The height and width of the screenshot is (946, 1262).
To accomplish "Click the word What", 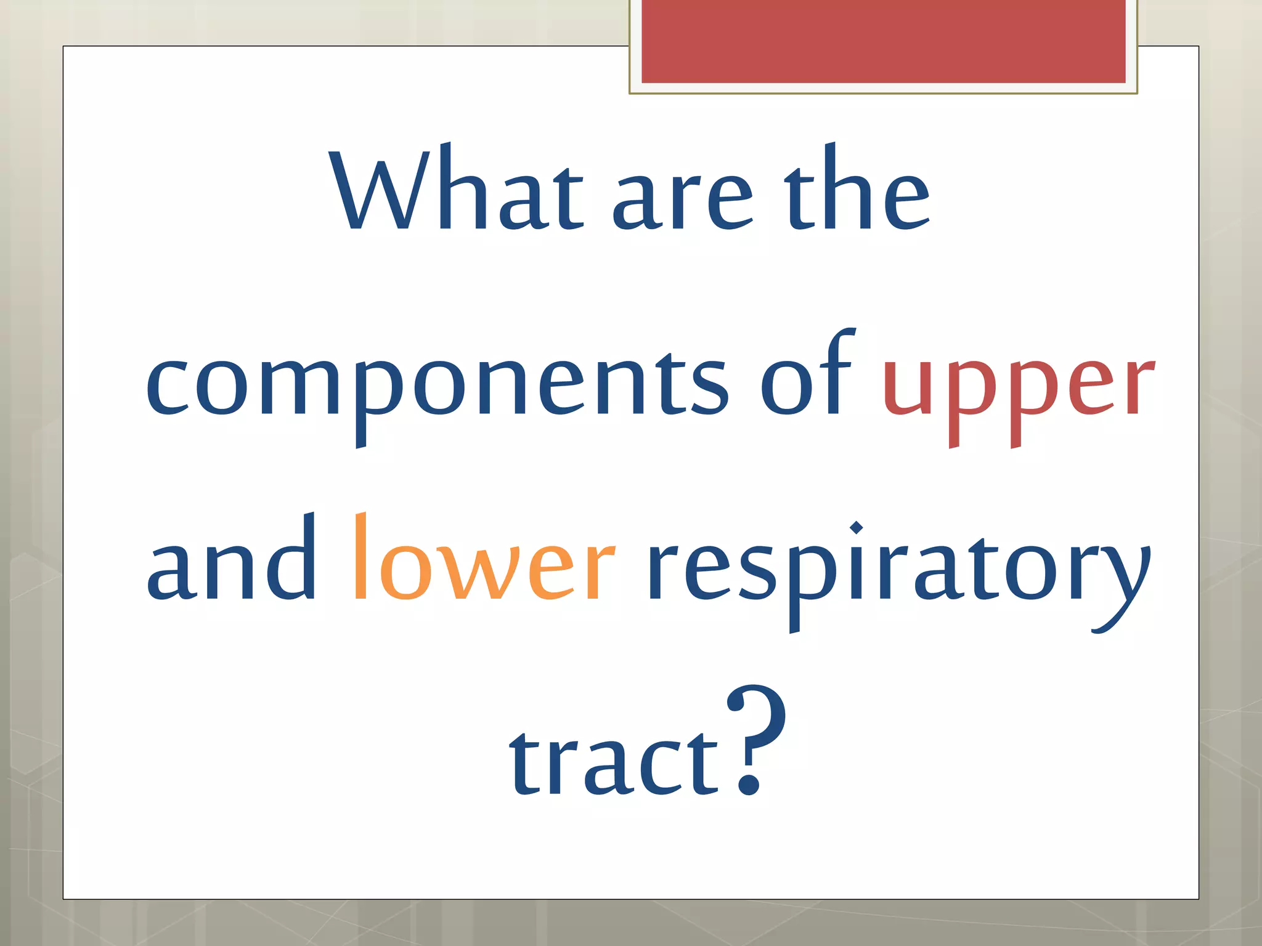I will click(456, 191).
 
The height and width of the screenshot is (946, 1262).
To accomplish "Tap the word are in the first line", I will click(682, 200).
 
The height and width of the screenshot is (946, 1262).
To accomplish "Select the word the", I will click(857, 191).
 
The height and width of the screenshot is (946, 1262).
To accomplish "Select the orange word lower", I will click(484, 564).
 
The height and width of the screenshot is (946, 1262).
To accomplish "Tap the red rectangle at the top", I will click(883, 42).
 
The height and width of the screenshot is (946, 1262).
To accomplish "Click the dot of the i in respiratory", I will click(856, 528).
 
